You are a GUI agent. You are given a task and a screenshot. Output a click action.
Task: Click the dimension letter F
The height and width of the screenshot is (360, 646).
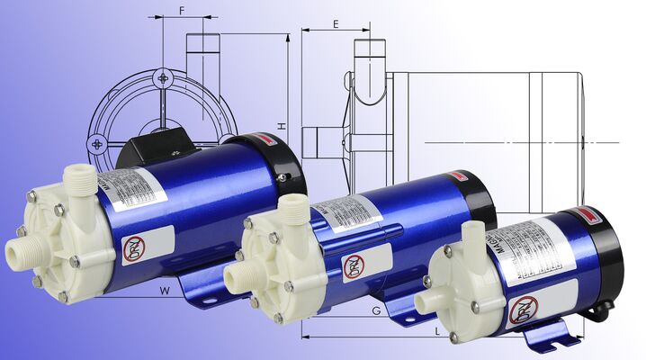click(x=182, y=11)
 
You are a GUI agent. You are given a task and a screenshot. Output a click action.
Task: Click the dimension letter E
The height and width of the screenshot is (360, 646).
click(x=336, y=24)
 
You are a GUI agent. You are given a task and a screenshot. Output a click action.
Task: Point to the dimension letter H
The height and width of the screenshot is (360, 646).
click(x=281, y=127)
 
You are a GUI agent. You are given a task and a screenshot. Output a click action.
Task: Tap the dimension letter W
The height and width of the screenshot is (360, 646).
click(x=165, y=290)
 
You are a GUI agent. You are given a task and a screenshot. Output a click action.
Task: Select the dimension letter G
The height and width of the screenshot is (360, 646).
click(x=375, y=310)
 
